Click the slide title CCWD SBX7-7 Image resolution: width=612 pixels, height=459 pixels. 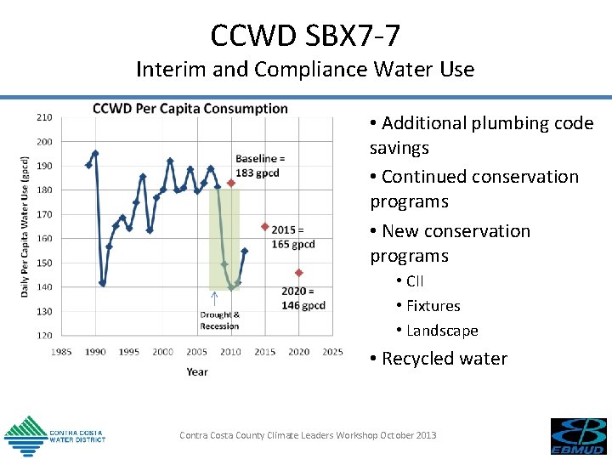[305, 35]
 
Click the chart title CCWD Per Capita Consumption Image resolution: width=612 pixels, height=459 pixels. [190, 109]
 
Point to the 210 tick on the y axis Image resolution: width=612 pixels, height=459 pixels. [43, 117]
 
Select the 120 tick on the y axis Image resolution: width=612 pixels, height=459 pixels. [43, 335]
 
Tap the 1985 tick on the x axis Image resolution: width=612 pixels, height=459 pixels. [61, 352]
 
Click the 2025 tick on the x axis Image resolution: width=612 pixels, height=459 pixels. [332, 352]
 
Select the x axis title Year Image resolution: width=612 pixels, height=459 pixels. [196, 371]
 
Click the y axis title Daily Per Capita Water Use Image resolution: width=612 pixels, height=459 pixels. [25, 226]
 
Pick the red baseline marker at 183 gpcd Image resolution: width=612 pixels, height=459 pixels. [231, 183]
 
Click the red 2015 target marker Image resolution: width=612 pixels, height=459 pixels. [265, 227]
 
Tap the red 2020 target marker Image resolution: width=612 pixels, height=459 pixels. [299, 273]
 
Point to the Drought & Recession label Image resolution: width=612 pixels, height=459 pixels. [219, 320]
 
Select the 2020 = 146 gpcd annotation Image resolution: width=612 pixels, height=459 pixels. [303, 298]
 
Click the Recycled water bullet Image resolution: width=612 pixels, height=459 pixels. [439, 359]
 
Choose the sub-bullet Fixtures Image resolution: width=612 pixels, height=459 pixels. [433, 306]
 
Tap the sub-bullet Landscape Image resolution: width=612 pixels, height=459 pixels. [442, 331]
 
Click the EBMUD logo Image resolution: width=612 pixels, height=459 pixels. [578, 436]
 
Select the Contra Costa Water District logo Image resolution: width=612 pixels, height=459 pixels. [54, 435]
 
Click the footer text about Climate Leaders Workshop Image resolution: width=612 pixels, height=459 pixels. [308, 435]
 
